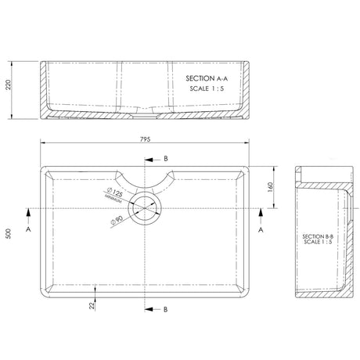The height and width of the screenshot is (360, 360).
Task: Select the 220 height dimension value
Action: click(x=9, y=88)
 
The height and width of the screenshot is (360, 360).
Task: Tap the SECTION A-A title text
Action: click(x=207, y=79)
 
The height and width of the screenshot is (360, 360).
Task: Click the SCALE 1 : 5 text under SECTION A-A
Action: click(x=207, y=89)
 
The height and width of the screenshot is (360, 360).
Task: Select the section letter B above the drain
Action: click(x=165, y=159)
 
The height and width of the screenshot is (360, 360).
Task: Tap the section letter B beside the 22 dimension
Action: click(x=165, y=310)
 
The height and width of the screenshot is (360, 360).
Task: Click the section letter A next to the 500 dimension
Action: click(x=29, y=232)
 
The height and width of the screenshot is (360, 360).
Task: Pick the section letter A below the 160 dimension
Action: click(x=261, y=232)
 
